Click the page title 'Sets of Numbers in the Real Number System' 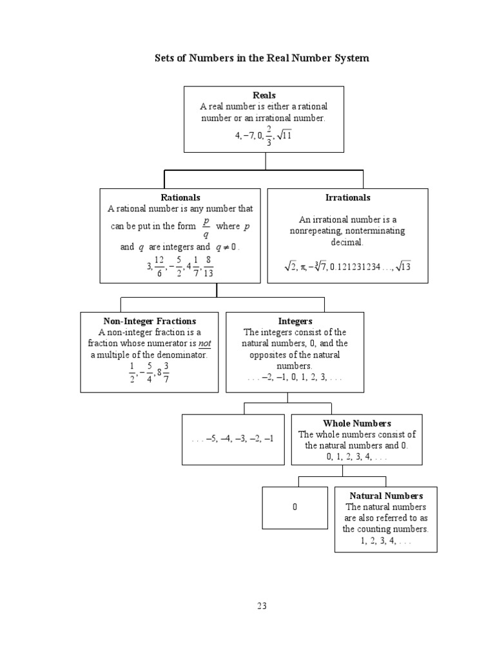(x=262, y=59)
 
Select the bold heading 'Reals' (x=264, y=95)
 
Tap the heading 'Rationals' (x=180, y=198)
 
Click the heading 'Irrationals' (x=348, y=198)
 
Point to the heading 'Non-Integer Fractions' (x=150, y=321)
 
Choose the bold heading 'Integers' (x=295, y=321)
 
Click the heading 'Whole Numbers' (x=357, y=423)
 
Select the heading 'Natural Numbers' (x=386, y=496)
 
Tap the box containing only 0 (x=295, y=508)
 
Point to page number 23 (x=262, y=606)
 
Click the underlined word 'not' (x=204, y=344)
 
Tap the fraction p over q (x=206, y=228)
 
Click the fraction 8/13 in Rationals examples (x=208, y=264)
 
